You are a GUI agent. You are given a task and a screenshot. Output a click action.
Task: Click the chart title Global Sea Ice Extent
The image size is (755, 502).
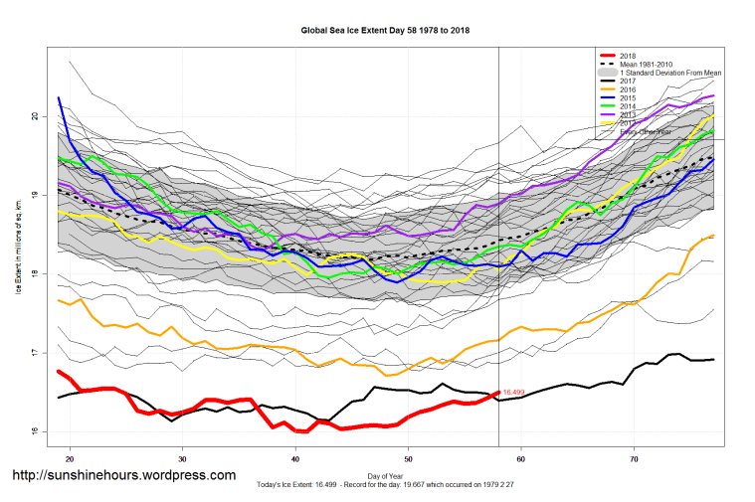point(385,31)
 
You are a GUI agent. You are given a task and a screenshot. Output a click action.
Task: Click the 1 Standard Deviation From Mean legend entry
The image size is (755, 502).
point(669,74)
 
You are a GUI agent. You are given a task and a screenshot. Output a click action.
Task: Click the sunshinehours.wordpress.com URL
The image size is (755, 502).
point(123,476)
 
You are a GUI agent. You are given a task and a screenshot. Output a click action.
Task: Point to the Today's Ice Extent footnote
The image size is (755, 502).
point(385,485)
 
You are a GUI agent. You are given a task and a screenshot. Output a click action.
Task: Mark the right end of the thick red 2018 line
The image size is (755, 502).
point(498,393)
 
